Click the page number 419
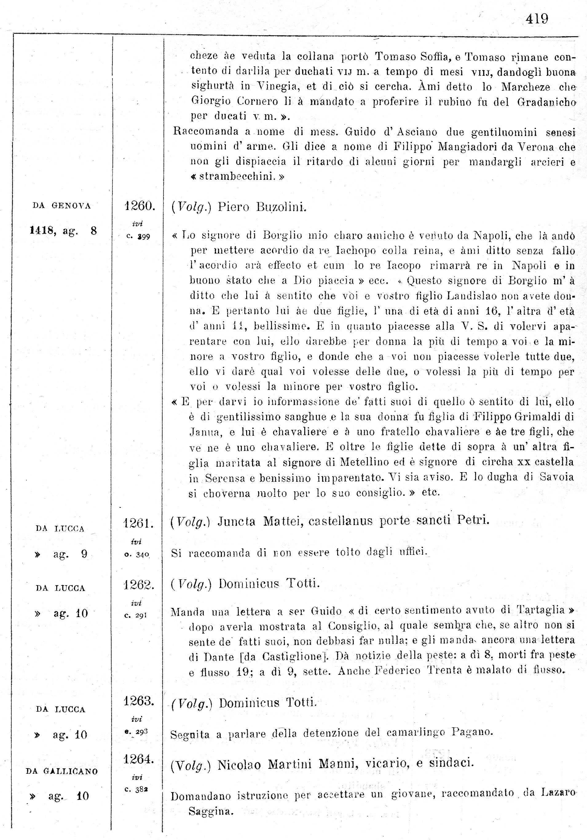537,19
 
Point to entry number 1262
138,585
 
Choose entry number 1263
138,701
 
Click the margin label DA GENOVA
62,206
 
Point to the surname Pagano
472,732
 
